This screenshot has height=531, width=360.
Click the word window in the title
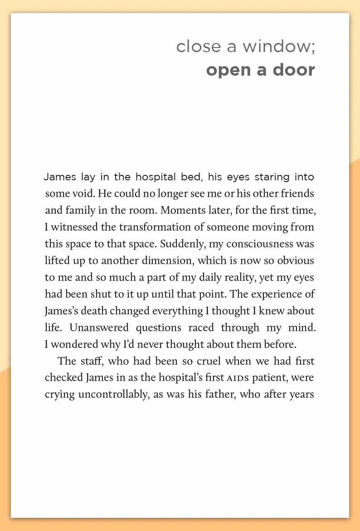(276, 46)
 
